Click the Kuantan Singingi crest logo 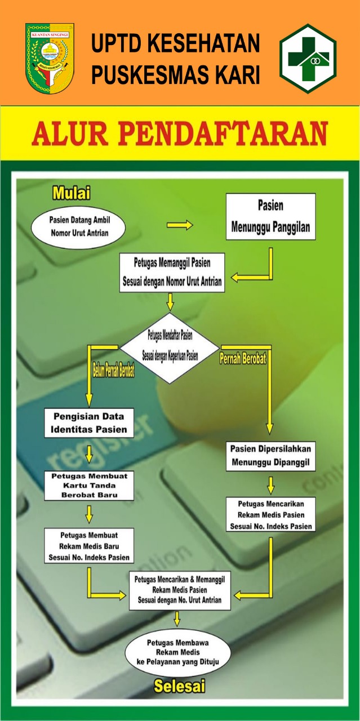pos(50,58)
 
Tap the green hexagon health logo pos(308,58)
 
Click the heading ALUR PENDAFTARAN pos(180,133)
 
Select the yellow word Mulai pos(72,193)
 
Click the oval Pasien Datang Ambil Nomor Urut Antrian pos(78,226)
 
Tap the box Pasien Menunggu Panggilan pos(270,217)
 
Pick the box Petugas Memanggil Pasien pos(172,272)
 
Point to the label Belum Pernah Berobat pos(113,372)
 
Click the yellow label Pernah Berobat pos(243,359)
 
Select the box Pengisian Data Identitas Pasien pos(89,423)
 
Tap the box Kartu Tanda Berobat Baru pos(89,486)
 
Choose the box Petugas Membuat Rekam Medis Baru pos(89,545)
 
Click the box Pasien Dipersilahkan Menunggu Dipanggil pos(271,456)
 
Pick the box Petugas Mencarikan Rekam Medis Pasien pos(271,514)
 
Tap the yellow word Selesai pos(179,686)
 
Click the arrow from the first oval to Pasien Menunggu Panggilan pos(180,225)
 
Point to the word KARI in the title pos(237,75)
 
